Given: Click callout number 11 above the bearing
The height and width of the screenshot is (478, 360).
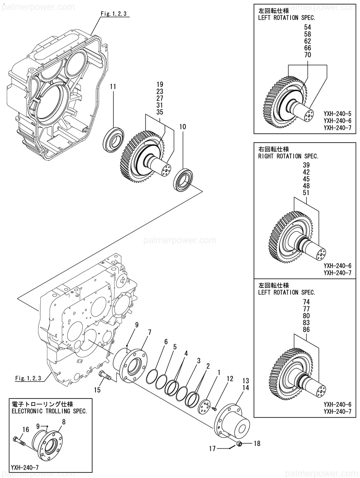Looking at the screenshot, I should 113,87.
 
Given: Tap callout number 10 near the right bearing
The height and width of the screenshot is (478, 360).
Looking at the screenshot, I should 182,127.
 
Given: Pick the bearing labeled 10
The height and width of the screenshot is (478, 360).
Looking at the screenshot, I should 184,180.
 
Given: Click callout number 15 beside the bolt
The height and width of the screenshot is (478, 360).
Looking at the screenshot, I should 97,390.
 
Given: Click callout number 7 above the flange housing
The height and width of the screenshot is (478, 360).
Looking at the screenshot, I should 149,332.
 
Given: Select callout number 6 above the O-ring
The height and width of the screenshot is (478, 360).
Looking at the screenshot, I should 166,342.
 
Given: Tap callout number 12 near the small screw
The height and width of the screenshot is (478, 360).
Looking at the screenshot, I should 230,379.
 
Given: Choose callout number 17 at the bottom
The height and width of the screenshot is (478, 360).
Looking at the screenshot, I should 212,449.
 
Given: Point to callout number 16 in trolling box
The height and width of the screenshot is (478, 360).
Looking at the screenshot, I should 25,430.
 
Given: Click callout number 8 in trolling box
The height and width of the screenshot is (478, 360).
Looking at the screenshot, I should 63,422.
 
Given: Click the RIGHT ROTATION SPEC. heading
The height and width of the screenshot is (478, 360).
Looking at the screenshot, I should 288,156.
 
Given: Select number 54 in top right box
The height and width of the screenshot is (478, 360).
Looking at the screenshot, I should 307,27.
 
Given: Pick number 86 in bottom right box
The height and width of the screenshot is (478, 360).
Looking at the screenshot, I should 306,330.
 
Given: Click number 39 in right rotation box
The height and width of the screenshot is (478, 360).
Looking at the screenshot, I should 306,165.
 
